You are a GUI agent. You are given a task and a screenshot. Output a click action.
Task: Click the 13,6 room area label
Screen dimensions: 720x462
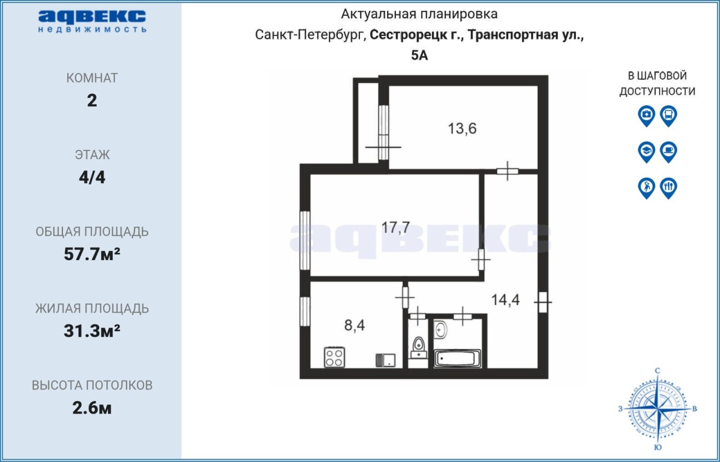tap(462, 129)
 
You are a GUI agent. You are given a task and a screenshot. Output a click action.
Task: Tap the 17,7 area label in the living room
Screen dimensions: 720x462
tap(395, 228)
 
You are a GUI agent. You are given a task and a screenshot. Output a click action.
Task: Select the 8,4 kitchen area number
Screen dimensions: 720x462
tap(354, 325)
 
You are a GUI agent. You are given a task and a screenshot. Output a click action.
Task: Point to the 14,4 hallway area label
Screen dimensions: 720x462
tap(505, 300)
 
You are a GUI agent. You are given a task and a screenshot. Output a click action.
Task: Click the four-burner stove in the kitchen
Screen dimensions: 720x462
tap(334, 357)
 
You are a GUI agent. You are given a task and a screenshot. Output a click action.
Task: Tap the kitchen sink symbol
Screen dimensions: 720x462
tap(385, 360)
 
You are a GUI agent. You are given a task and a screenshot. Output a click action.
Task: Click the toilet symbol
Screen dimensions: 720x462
tap(418, 348)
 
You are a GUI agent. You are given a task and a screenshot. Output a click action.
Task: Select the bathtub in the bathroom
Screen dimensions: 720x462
tap(457, 358)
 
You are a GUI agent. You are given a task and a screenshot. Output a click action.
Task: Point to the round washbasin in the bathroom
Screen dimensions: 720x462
tap(440, 329)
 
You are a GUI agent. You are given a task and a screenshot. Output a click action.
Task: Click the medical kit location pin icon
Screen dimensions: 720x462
tap(646, 116)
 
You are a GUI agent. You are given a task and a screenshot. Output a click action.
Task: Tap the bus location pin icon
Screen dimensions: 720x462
tap(669, 116)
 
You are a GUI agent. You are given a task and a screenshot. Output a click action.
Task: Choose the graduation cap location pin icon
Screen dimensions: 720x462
tap(646, 152)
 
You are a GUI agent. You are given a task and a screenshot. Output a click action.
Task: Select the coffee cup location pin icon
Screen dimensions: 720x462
tap(669, 152)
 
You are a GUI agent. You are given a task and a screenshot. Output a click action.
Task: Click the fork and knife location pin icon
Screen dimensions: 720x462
tap(669, 188)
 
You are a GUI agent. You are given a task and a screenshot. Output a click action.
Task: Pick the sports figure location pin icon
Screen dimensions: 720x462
tap(646, 188)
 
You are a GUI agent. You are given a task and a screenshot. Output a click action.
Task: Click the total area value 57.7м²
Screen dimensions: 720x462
tap(92, 254)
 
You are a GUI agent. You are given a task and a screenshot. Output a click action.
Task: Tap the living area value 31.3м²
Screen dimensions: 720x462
tap(92, 331)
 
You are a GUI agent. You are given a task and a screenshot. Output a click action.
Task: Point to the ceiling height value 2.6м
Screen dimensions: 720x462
tap(92, 408)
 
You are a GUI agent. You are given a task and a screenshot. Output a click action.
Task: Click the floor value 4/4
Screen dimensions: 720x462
tap(92, 178)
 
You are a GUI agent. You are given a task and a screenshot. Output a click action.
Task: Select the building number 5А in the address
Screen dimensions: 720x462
tap(420, 55)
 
